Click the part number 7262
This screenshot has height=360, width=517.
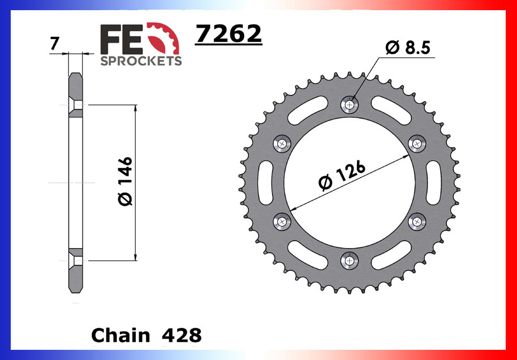coord(229,34)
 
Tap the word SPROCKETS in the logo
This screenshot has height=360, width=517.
coord(141,60)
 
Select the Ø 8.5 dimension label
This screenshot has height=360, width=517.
coord(408,48)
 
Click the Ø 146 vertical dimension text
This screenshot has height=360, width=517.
coord(126,181)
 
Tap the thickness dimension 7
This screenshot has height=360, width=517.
coord(54,44)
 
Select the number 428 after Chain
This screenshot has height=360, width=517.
coord(182,335)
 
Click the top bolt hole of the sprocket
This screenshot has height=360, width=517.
coord(350,104)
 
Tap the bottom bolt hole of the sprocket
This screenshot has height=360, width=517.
coord(350,260)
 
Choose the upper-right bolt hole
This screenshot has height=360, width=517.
coord(418,144)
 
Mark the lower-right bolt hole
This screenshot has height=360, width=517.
coord(418,221)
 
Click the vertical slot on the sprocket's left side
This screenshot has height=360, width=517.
coord(268,182)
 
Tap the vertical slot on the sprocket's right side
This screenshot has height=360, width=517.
coord(433,182)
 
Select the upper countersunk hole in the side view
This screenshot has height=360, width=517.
coord(75,105)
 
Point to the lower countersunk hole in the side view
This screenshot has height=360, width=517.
coord(75,261)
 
